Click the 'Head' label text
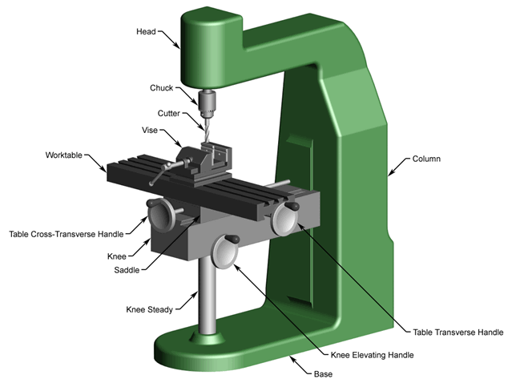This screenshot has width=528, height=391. click(x=146, y=32)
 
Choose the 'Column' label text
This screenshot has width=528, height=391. click(x=427, y=159)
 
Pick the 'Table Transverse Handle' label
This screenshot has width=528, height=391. click(x=457, y=331)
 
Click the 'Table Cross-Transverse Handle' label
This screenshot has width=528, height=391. click(x=67, y=234)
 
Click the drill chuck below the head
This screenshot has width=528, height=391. click(x=206, y=103)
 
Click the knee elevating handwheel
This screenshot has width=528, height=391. click(x=224, y=255)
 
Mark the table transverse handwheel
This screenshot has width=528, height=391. click(x=285, y=219)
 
